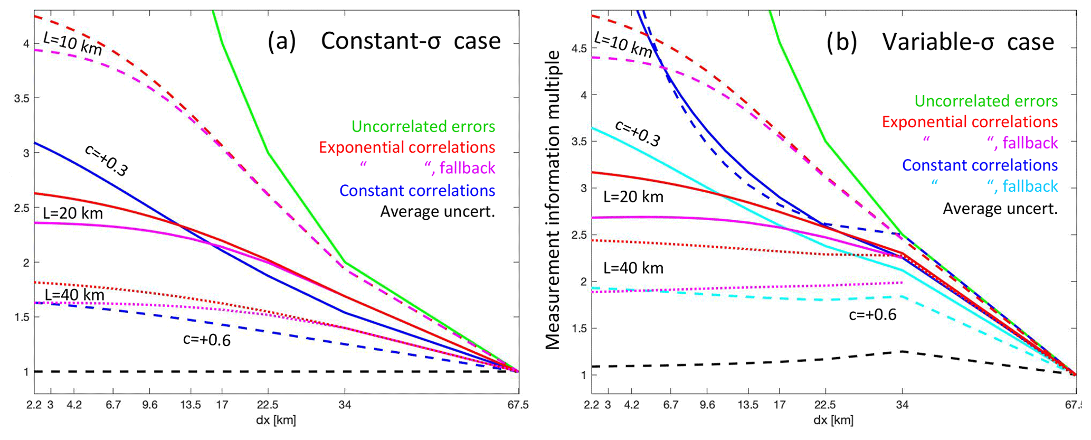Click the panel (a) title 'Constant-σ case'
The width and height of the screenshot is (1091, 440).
click(x=410, y=41)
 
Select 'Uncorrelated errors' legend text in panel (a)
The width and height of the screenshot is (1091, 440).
click(x=423, y=127)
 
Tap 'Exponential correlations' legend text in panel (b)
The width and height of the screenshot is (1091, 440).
click(x=970, y=122)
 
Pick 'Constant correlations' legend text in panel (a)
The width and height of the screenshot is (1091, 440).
click(x=417, y=191)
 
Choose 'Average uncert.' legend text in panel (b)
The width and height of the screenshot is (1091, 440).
click(x=1000, y=209)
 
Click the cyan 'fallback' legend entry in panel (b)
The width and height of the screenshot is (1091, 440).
click(x=1030, y=186)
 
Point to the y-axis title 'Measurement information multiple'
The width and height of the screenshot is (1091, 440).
click(x=553, y=200)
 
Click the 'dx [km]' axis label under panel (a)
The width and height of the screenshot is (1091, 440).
click(x=276, y=420)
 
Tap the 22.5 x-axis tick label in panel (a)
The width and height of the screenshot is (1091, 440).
click(x=268, y=405)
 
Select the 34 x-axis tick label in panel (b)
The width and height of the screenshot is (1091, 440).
click(x=903, y=405)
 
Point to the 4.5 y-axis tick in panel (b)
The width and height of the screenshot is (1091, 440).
click(x=579, y=49)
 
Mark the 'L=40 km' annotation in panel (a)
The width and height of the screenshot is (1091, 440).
click(x=74, y=295)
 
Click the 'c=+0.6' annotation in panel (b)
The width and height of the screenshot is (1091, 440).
click(x=872, y=315)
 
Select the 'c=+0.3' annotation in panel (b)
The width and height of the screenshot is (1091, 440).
click(x=638, y=133)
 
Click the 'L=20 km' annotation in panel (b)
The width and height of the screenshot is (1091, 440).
click(x=633, y=197)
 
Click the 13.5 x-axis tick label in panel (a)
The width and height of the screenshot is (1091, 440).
click(x=191, y=405)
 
